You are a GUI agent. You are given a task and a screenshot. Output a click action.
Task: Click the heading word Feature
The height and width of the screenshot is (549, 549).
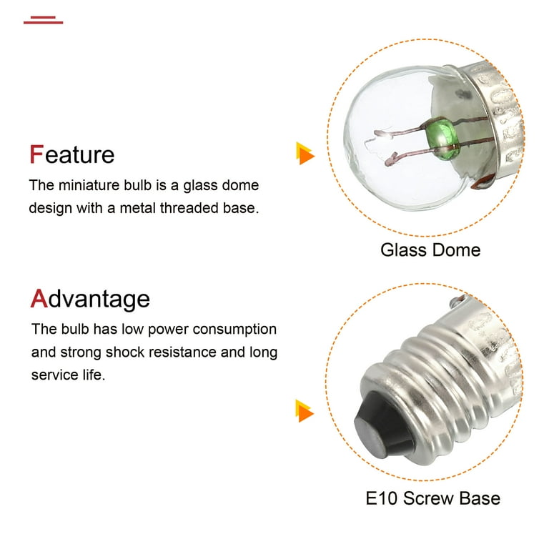click(71, 154)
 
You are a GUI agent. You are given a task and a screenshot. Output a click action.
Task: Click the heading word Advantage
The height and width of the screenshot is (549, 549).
click(90, 298)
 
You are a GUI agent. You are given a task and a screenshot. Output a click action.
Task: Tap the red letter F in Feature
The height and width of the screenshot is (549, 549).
click(36, 154)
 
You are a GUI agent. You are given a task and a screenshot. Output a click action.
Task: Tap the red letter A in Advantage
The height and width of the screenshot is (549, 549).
click(38, 298)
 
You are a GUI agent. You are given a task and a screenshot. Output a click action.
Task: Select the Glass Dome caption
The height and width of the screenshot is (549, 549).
click(430, 249)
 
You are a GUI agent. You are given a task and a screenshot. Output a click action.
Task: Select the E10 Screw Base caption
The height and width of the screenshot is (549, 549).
click(432, 498)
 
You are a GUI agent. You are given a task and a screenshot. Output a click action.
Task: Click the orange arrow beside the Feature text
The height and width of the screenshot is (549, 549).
click(305, 153)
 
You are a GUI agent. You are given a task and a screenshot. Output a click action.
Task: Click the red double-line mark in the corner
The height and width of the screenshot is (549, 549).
click(43, 19)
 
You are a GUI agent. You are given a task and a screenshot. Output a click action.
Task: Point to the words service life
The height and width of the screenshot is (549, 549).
click(68, 375)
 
